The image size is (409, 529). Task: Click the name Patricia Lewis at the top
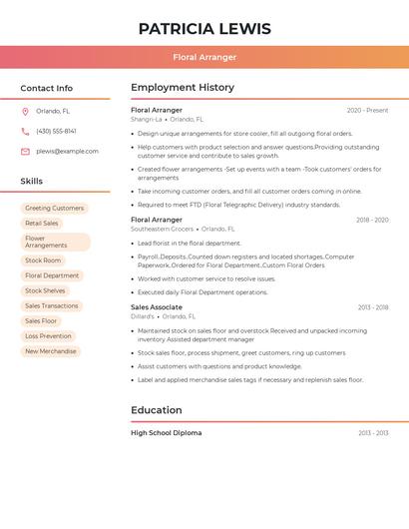point(204,28)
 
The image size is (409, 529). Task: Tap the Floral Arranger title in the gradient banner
point(204,57)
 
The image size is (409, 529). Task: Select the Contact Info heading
point(47,88)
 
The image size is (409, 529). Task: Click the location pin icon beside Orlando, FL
point(25,112)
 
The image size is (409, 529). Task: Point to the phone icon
point(25,132)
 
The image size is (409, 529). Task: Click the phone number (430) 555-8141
point(56,132)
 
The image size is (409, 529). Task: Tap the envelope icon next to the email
point(25,152)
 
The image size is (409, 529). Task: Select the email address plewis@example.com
point(67,152)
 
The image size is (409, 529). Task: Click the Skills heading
point(32,182)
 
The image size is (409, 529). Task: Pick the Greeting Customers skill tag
point(55,209)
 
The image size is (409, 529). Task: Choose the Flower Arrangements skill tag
point(55,243)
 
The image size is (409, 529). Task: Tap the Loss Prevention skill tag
point(48,336)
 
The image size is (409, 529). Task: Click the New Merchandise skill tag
point(51,351)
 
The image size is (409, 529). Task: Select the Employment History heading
point(183,88)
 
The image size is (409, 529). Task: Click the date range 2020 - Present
point(367,111)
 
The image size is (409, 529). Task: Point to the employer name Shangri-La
point(146,120)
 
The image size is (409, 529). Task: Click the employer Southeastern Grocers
point(162,229)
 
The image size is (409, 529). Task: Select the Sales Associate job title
point(157,307)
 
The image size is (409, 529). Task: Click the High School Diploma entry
point(167,433)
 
